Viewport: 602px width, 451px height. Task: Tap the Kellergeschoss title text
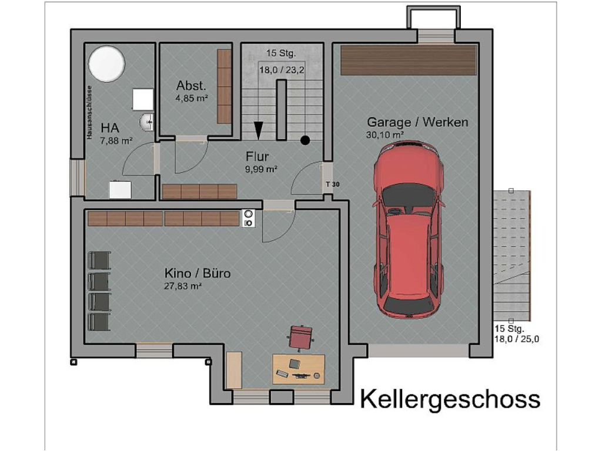click(x=450, y=399)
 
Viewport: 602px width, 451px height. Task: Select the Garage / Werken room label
click(x=417, y=122)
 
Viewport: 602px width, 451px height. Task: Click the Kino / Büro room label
click(x=197, y=273)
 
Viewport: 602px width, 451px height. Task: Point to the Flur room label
click(x=257, y=157)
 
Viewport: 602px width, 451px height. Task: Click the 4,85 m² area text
click(x=192, y=99)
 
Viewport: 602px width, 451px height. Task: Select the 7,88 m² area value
click(x=116, y=140)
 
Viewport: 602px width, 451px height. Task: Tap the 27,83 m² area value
click(x=183, y=286)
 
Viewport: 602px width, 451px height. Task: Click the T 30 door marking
click(x=333, y=184)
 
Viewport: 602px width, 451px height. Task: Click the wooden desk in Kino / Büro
click(x=299, y=368)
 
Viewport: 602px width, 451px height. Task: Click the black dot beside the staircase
click(x=305, y=140)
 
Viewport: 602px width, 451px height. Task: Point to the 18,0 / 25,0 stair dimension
click(x=517, y=339)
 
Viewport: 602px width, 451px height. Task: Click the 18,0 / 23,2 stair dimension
click(x=282, y=69)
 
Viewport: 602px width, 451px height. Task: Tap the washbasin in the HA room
click(x=146, y=122)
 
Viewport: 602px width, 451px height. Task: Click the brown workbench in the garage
click(x=409, y=60)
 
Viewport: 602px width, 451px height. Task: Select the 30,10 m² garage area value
click(x=385, y=134)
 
